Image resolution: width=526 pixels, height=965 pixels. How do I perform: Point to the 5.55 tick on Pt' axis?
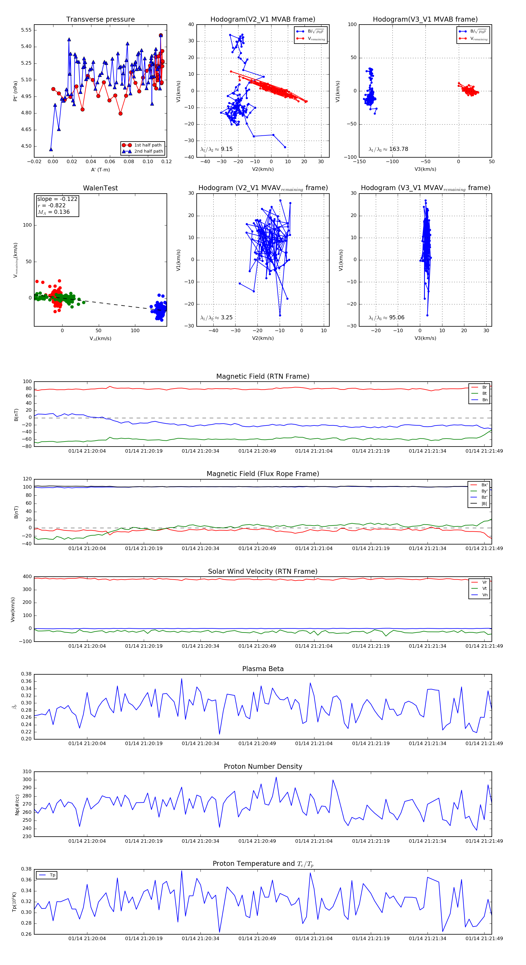26,30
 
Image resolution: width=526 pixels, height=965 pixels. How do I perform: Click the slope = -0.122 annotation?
57,199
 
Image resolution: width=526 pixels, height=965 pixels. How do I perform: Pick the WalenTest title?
100,188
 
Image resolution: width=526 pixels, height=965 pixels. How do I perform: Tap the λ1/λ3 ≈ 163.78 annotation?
388,149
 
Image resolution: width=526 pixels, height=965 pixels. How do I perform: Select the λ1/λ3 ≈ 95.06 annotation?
386,318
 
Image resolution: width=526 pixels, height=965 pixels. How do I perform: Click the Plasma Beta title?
263,669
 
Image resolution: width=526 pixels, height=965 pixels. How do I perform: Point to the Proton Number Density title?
263,766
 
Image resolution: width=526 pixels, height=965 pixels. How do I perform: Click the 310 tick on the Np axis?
27,772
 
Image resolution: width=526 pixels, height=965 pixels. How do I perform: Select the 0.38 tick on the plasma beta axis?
26,674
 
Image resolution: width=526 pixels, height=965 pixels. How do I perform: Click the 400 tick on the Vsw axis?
27,577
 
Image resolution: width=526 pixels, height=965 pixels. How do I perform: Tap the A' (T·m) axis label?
100,170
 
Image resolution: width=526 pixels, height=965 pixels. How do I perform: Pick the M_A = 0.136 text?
53,212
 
